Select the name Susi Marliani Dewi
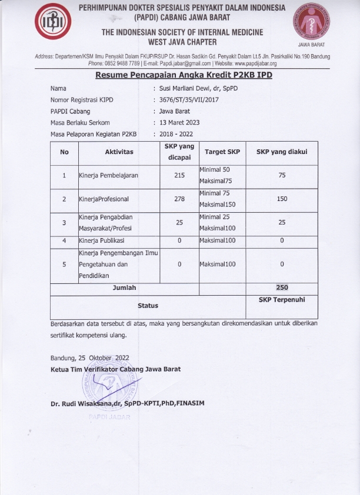pos(198,88)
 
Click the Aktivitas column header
pos(119,152)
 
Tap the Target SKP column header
pos(222,152)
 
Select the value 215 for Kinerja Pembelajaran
pos(179,175)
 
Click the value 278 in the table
pos(179,199)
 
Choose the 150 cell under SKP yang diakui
pos(282,199)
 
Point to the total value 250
pos(282,287)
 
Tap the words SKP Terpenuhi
pos(281,300)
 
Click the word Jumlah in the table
pos(124,287)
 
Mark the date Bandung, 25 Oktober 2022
pos(89,357)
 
